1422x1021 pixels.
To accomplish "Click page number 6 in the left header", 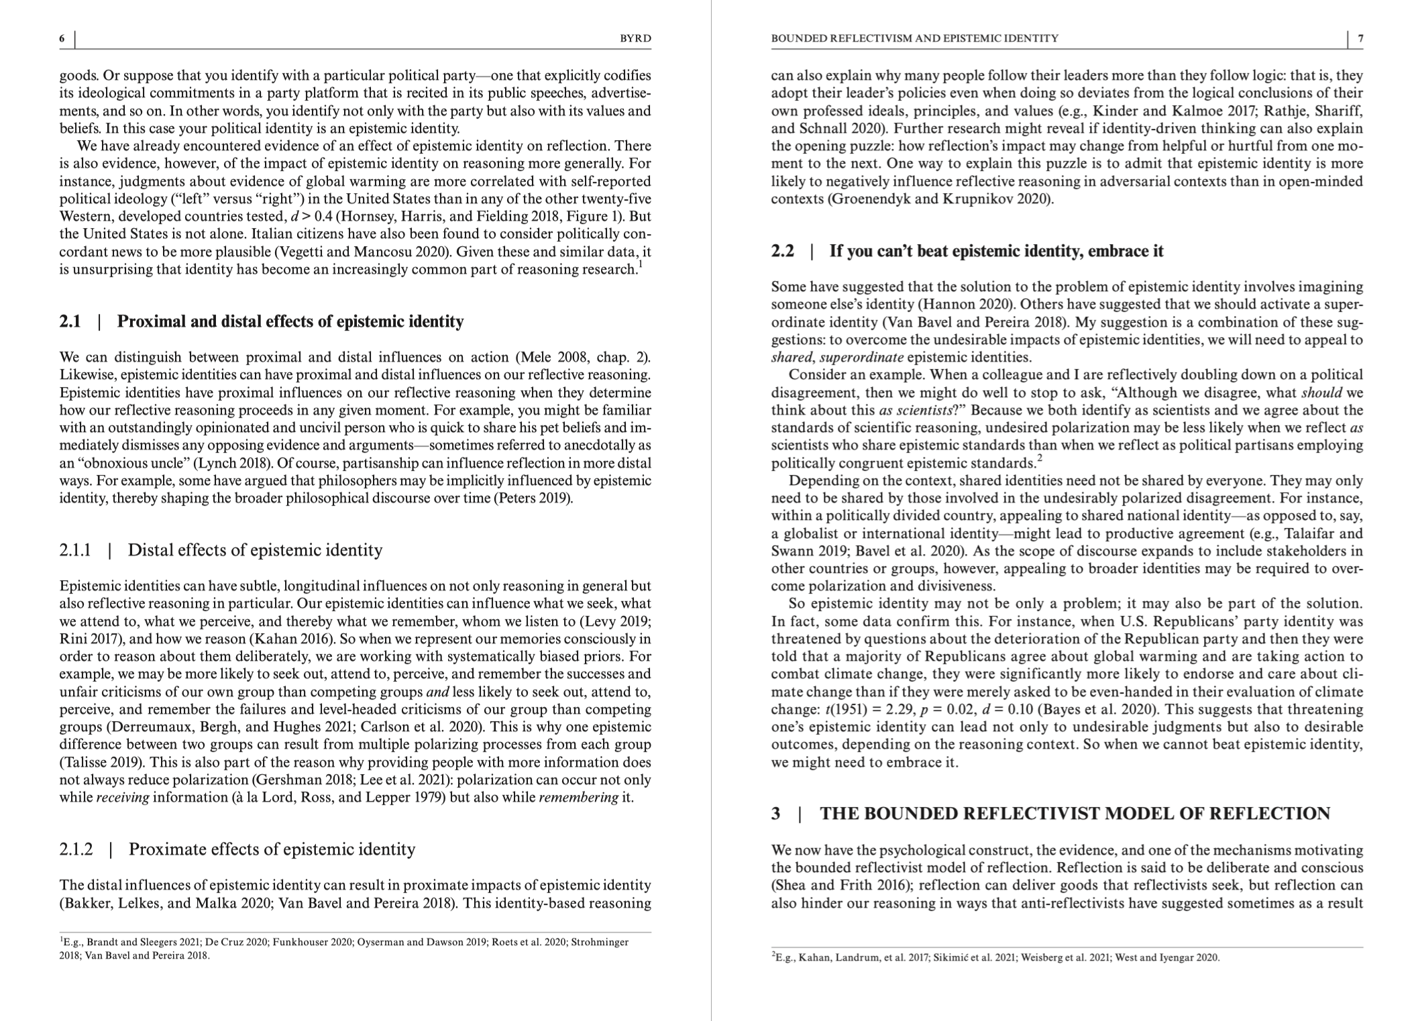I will tap(62, 39).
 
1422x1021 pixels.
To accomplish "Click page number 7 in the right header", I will tap(1360, 39).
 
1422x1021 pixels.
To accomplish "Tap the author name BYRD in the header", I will tap(635, 39).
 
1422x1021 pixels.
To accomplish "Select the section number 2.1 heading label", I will tap(70, 322).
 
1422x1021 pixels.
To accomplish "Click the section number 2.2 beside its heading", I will tap(782, 252).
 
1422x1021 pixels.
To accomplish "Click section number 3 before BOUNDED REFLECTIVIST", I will tap(776, 814).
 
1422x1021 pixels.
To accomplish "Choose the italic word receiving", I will tap(122, 798).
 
